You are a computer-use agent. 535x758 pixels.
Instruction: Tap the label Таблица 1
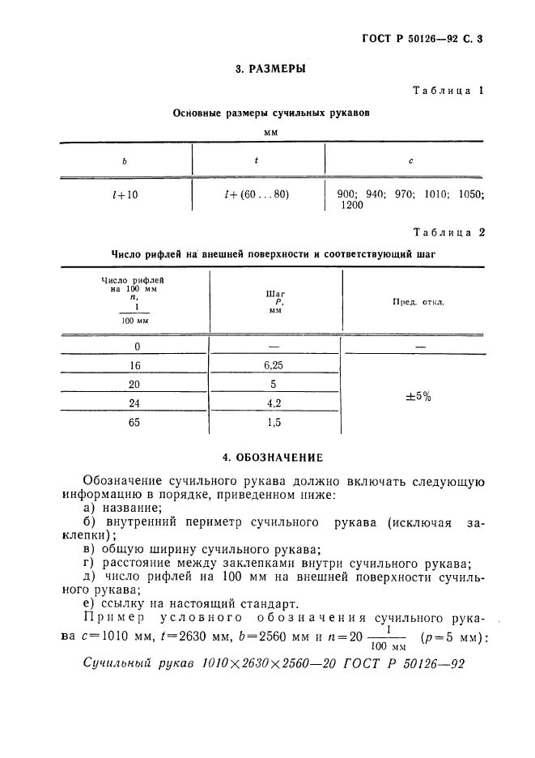[x=448, y=92]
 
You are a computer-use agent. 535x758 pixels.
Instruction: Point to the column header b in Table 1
[x=125, y=160]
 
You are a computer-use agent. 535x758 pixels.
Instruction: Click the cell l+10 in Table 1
[x=125, y=194]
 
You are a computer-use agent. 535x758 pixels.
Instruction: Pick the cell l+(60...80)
[x=257, y=194]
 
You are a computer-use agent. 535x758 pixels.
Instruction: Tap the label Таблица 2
[x=448, y=232]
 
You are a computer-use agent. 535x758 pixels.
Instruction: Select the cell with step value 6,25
[x=274, y=365]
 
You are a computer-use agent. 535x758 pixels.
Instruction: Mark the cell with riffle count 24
[x=134, y=402]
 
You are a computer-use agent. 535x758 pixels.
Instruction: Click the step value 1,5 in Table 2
[x=274, y=422]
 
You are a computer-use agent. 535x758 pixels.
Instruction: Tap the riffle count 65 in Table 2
[x=134, y=422]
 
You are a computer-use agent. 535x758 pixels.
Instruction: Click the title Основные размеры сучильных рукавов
[x=271, y=113]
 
